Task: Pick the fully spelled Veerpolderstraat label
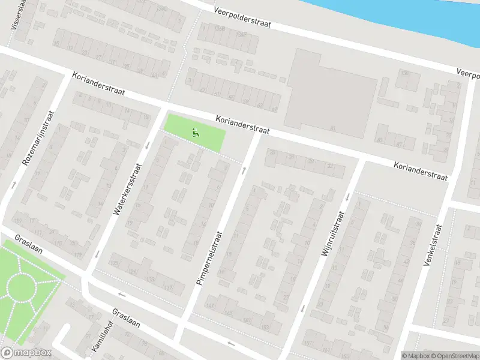point(243,17)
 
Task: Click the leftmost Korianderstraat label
point(98,85)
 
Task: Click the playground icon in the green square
point(195,132)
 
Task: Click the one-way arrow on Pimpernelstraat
point(244,171)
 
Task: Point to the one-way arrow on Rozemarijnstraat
point(14,184)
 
